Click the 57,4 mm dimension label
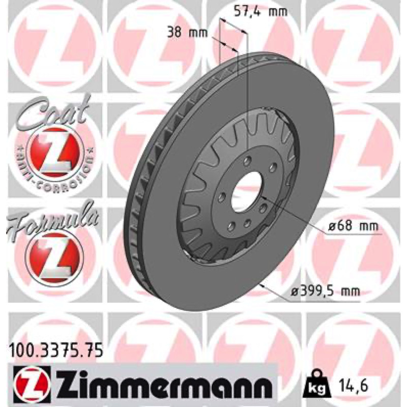pos(261,12)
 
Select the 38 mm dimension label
pos(187,33)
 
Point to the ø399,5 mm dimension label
pos(325,292)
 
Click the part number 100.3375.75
pos(56,352)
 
